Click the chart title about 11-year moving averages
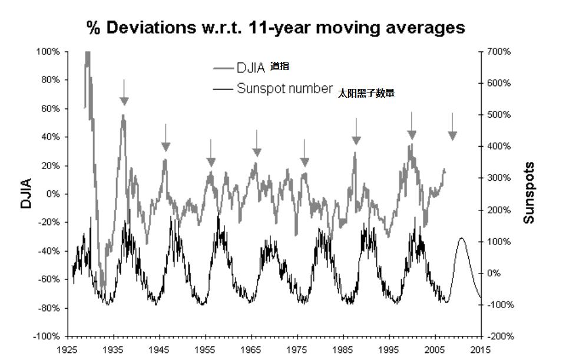[276, 27]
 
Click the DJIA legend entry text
[251, 68]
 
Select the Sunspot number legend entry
[284, 89]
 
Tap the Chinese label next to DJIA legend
[280, 67]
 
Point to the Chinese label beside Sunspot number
[366, 93]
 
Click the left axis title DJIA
[26, 194]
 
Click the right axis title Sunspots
[529, 193]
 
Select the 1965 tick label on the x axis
[251, 349]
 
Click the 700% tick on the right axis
[499, 52]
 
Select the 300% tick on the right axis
[499, 178]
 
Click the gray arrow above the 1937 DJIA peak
[124, 94]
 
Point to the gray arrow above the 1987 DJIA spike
[356, 133]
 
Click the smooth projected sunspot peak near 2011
[461, 238]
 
